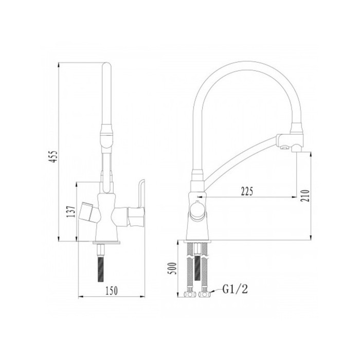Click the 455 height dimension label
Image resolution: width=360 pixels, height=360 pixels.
coord(53,157)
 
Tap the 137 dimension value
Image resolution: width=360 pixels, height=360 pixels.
coord(71,211)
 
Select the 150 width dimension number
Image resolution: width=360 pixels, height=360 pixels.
coord(112,291)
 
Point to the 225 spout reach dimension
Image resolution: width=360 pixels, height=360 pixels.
coord(247,191)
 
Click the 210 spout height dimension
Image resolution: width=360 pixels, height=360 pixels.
coord(306,195)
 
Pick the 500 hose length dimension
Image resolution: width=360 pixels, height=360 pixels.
coord(173,268)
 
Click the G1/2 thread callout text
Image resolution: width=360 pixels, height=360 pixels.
coord(236,289)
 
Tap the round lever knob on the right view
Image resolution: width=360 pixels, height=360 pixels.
coord(197,210)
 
